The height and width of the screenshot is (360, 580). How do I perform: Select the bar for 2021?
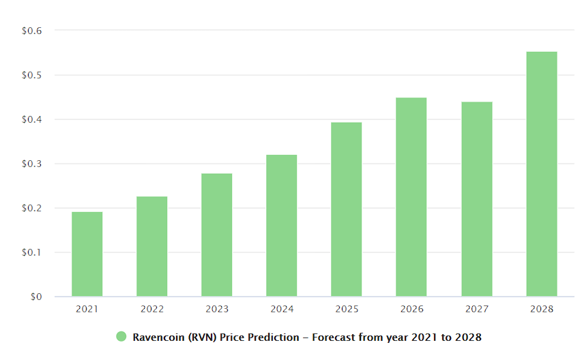pyautogui.click(x=87, y=254)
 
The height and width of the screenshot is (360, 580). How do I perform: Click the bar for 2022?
pyautogui.click(x=151, y=246)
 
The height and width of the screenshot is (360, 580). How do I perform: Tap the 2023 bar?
pyautogui.click(x=216, y=235)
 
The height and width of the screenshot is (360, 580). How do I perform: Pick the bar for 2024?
pyautogui.click(x=281, y=225)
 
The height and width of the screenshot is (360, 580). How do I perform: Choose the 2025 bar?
pyautogui.click(x=347, y=209)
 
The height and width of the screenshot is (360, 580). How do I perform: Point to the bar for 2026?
pyautogui.click(x=411, y=197)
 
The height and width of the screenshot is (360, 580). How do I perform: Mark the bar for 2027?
pyautogui.click(x=476, y=199)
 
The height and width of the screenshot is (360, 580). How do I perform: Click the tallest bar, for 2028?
pyautogui.click(x=541, y=174)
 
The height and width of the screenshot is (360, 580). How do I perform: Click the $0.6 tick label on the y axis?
pyautogui.click(x=32, y=31)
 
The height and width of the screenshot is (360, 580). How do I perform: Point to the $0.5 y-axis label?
pyautogui.click(x=32, y=75)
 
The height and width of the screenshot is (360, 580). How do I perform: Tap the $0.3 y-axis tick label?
pyautogui.click(x=32, y=164)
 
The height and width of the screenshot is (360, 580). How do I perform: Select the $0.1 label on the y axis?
pyautogui.click(x=32, y=252)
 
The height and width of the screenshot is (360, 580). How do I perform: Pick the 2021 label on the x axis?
pyautogui.click(x=87, y=309)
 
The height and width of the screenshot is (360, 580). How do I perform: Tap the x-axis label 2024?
pyautogui.click(x=281, y=309)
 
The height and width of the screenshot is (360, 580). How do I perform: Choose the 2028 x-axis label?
pyautogui.click(x=541, y=309)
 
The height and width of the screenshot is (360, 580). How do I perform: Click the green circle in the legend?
pyautogui.click(x=121, y=337)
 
